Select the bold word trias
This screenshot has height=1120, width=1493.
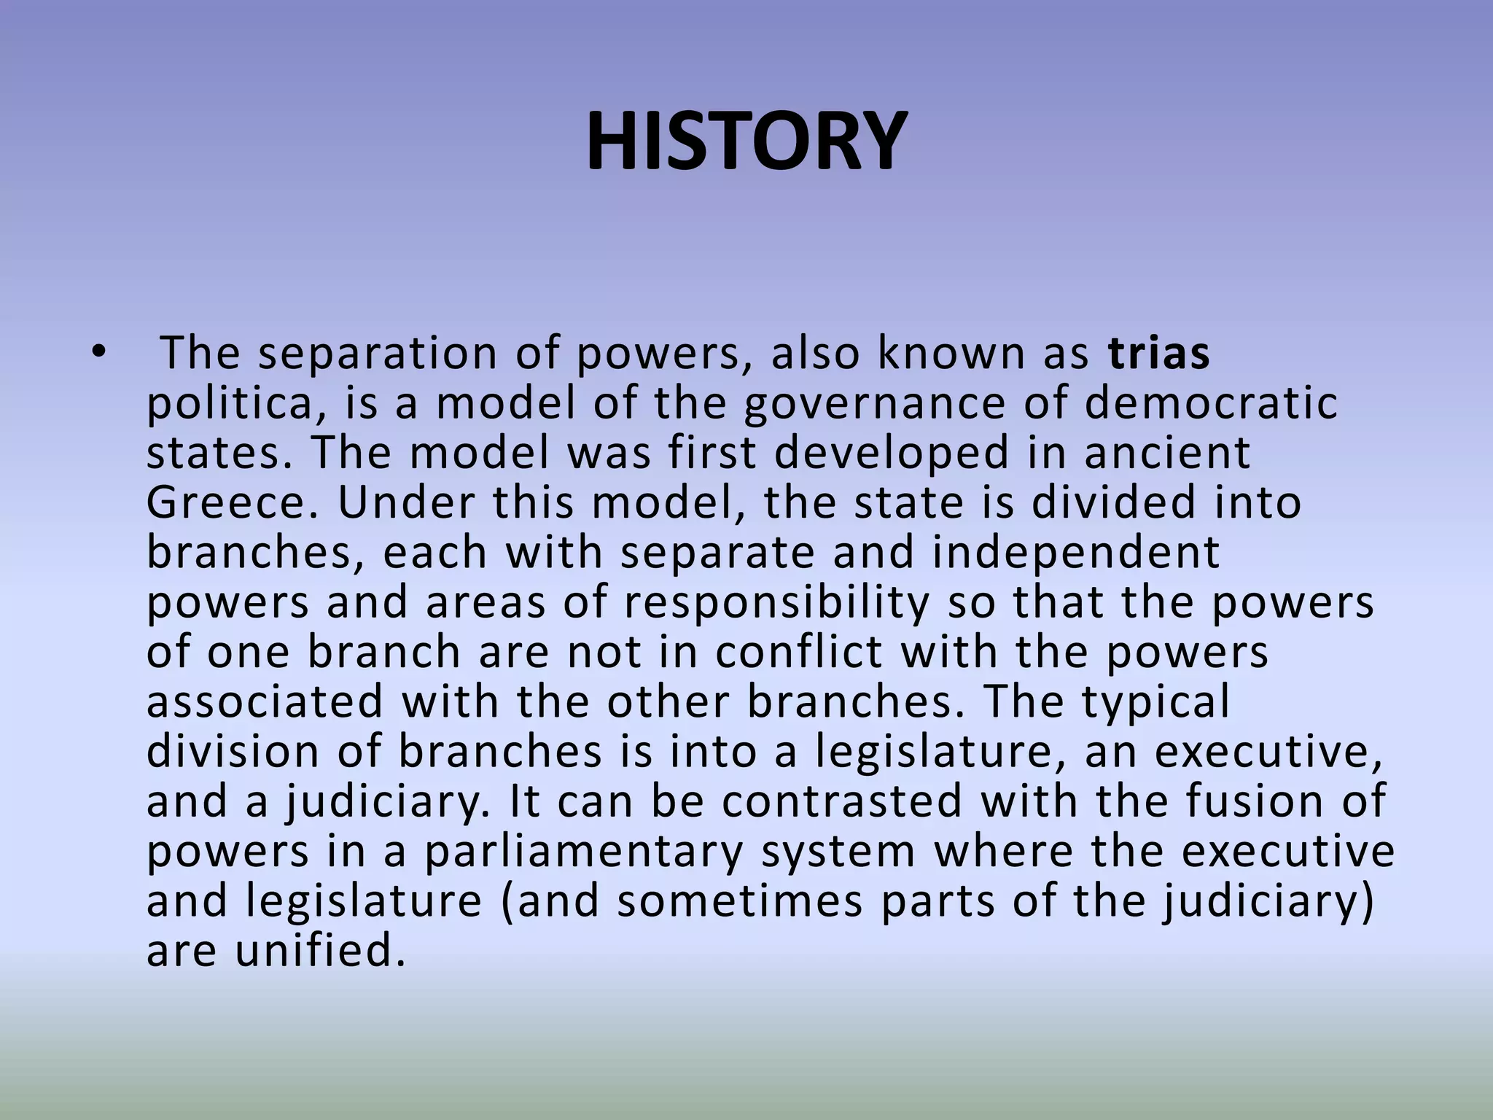tap(1158, 354)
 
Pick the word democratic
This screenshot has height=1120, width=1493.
tap(1211, 403)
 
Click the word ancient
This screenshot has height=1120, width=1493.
tap(1167, 453)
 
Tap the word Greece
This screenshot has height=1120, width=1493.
tap(232, 503)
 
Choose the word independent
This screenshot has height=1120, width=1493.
tap(1075, 553)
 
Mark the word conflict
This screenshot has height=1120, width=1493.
tap(798, 652)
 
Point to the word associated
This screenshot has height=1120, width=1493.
tap(265, 701)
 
